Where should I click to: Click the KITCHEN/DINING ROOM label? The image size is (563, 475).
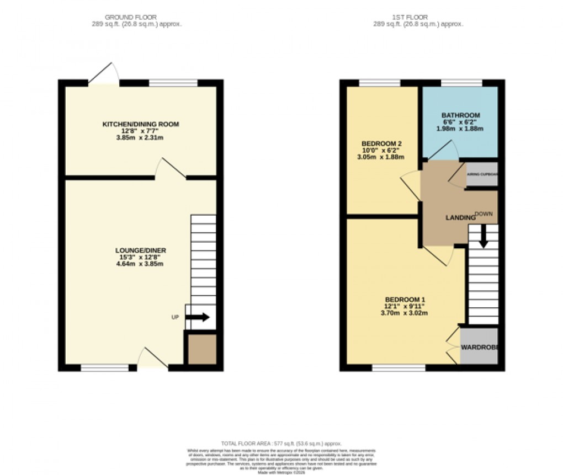141,124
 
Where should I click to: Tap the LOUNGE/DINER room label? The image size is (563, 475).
141,250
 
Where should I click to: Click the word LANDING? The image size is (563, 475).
460,218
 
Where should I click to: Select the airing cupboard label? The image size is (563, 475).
482,174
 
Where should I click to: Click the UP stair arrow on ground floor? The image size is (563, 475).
198,317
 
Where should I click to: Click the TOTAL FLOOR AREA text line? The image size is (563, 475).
281,444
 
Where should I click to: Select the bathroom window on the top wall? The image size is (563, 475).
461,83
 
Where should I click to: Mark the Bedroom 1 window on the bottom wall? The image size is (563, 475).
399,367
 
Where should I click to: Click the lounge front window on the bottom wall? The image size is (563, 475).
104,367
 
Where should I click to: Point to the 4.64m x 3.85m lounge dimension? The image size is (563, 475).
141,264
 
